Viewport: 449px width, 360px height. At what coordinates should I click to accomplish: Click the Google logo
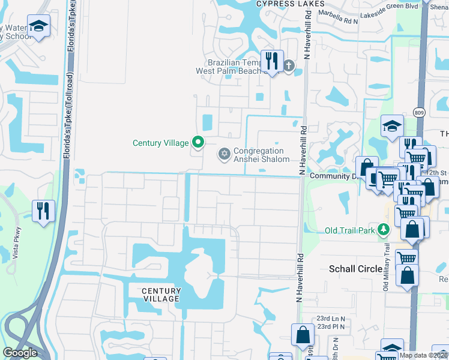pos(20,353)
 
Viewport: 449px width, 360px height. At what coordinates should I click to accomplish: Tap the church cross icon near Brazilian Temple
pos(289,65)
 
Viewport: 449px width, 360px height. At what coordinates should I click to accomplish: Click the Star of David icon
pos(224,155)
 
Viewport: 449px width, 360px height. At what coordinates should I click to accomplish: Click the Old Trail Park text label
pos(349,230)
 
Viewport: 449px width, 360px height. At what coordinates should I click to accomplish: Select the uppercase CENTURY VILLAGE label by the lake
pos(161,295)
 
